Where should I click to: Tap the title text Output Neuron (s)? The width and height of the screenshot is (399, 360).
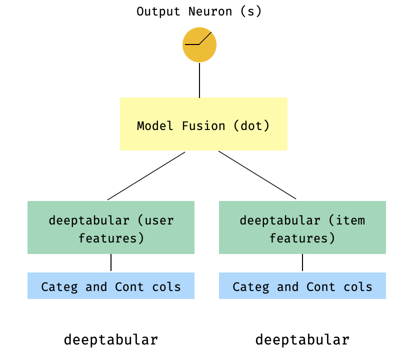click(199, 11)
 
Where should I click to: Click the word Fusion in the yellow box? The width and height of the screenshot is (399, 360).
click(203, 125)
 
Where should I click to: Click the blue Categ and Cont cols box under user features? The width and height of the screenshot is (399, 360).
click(110, 286)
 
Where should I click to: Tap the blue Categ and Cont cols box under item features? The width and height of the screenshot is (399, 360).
click(302, 286)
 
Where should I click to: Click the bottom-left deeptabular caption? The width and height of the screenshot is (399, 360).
click(110, 340)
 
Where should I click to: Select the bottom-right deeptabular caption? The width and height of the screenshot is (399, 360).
click(302, 340)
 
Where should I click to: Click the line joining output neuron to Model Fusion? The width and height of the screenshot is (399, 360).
click(199, 80)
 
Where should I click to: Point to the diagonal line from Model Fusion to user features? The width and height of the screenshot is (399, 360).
click(146, 175)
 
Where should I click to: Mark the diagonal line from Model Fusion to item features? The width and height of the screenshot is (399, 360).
click(257, 175)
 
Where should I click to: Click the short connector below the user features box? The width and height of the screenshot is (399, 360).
click(111, 262)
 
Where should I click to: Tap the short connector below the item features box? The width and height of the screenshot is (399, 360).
click(302, 262)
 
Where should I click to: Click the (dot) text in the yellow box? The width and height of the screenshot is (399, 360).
click(251, 125)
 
